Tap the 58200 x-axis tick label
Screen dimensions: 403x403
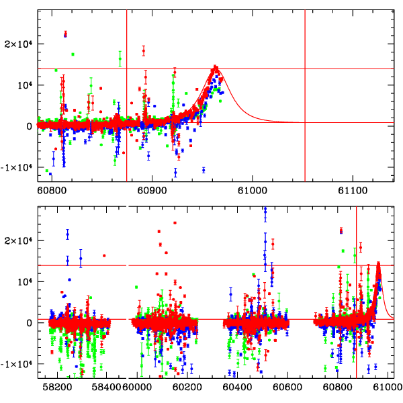(x=56, y=388)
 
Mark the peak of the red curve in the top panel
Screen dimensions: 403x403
(x=216, y=68)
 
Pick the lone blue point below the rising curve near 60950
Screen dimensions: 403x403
(x=204, y=169)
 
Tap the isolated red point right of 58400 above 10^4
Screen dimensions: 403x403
(x=104, y=255)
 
